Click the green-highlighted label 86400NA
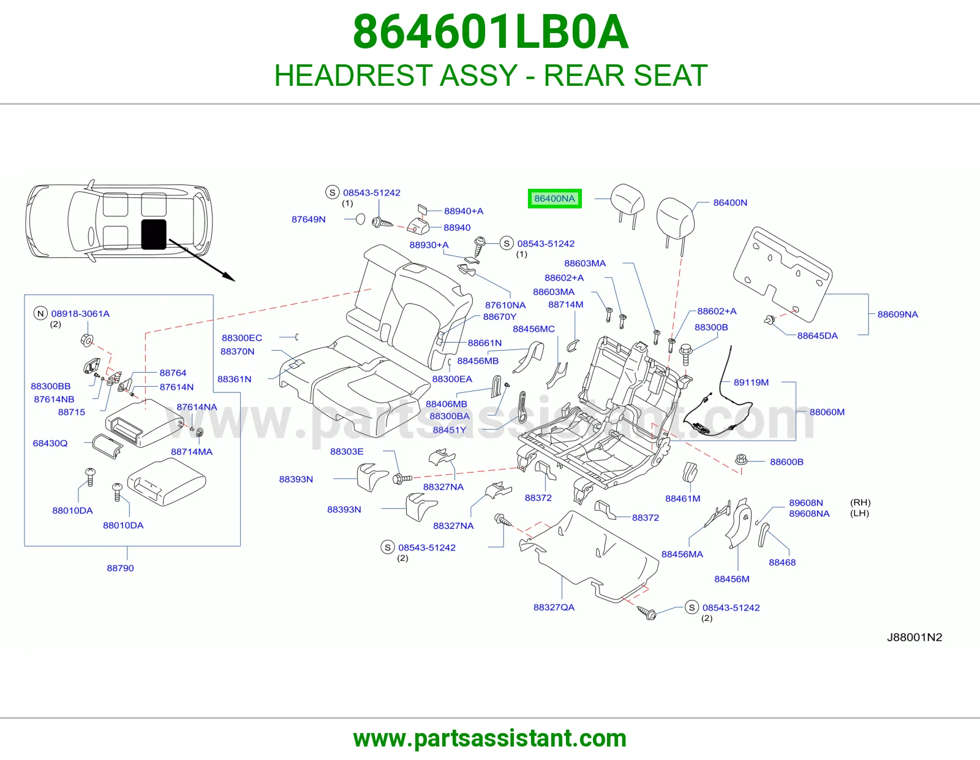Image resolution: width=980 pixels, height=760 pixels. pyautogui.click(x=554, y=199)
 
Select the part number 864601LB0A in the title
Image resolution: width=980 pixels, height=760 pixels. pyautogui.click(x=490, y=32)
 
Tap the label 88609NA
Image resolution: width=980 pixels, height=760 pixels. pyautogui.click(x=897, y=314)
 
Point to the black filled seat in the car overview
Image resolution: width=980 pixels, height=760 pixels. pyautogui.click(x=154, y=234)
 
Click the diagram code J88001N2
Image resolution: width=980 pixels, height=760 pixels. pyautogui.click(x=914, y=637)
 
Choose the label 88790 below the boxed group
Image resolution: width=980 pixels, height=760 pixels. pyautogui.click(x=121, y=568)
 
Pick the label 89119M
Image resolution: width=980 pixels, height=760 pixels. pyautogui.click(x=751, y=382)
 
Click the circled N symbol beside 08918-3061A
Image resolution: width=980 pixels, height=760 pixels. pyautogui.click(x=40, y=313)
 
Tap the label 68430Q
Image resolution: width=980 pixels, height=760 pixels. pyautogui.click(x=50, y=443)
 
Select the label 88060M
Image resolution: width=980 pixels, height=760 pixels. pyautogui.click(x=827, y=412)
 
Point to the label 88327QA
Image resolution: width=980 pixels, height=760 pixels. pyautogui.click(x=554, y=607)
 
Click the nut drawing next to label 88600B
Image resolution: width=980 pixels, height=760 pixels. pyautogui.click(x=741, y=460)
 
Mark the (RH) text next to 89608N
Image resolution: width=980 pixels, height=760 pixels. pyautogui.click(x=860, y=503)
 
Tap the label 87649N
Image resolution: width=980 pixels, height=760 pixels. pyautogui.click(x=309, y=219)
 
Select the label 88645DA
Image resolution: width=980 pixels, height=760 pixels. pyautogui.click(x=817, y=336)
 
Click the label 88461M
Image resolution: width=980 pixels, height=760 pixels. pyautogui.click(x=683, y=498)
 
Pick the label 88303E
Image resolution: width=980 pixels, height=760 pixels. pyautogui.click(x=346, y=451)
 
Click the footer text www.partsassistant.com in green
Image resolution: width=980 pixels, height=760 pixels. pyautogui.click(x=490, y=739)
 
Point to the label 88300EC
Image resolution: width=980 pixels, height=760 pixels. pyautogui.click(x=242, y=338)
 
